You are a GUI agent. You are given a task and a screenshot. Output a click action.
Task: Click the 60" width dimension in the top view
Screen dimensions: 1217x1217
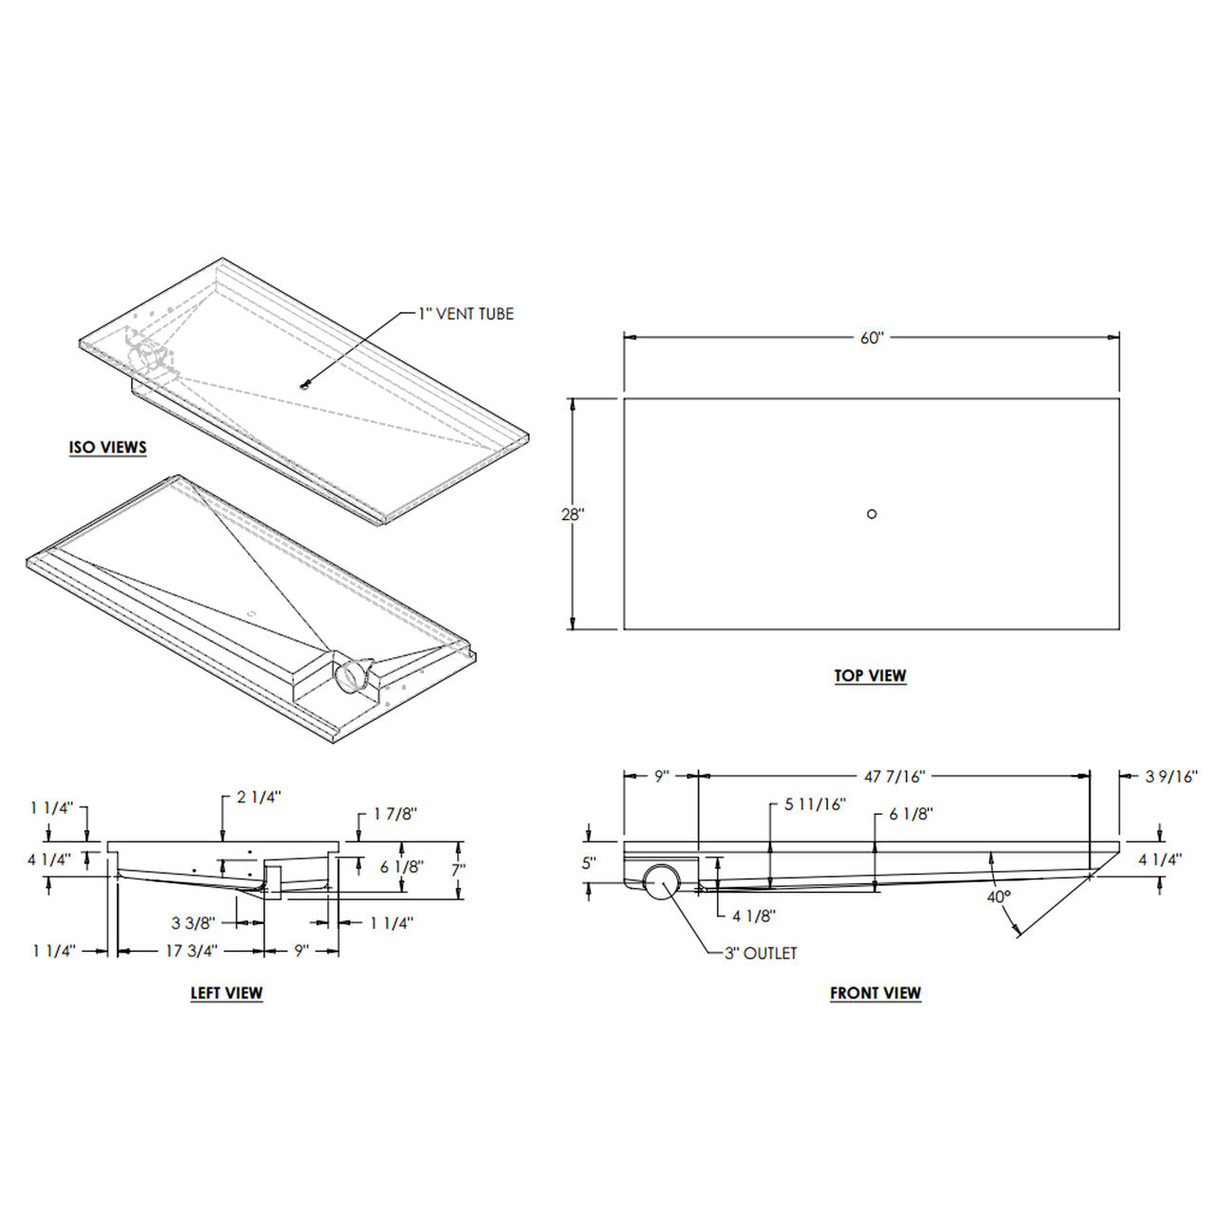[872, 338]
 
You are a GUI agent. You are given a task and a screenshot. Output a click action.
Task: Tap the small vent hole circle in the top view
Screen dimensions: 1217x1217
[872, 513]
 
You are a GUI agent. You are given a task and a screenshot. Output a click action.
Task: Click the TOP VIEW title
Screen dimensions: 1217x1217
[870, 676]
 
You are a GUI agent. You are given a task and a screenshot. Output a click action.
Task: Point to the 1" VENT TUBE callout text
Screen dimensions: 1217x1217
[466, 314]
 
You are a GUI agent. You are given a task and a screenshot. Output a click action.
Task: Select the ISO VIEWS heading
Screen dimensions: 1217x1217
[107, 447]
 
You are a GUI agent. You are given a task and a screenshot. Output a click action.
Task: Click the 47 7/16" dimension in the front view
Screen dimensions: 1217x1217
[894, 776]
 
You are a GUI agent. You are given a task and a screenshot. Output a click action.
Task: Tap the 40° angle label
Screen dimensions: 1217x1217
[997, 896]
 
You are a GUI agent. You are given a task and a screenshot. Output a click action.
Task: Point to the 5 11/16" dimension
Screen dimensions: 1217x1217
[815, 804]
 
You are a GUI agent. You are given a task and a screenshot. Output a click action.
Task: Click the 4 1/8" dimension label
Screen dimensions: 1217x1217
[754, 917]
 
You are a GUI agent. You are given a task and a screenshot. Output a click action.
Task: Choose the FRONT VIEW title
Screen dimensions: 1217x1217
[875, 994]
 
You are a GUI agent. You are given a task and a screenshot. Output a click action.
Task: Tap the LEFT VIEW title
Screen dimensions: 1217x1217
[226, 994]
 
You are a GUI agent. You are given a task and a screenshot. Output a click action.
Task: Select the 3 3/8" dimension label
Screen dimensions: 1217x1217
[194, 921]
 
